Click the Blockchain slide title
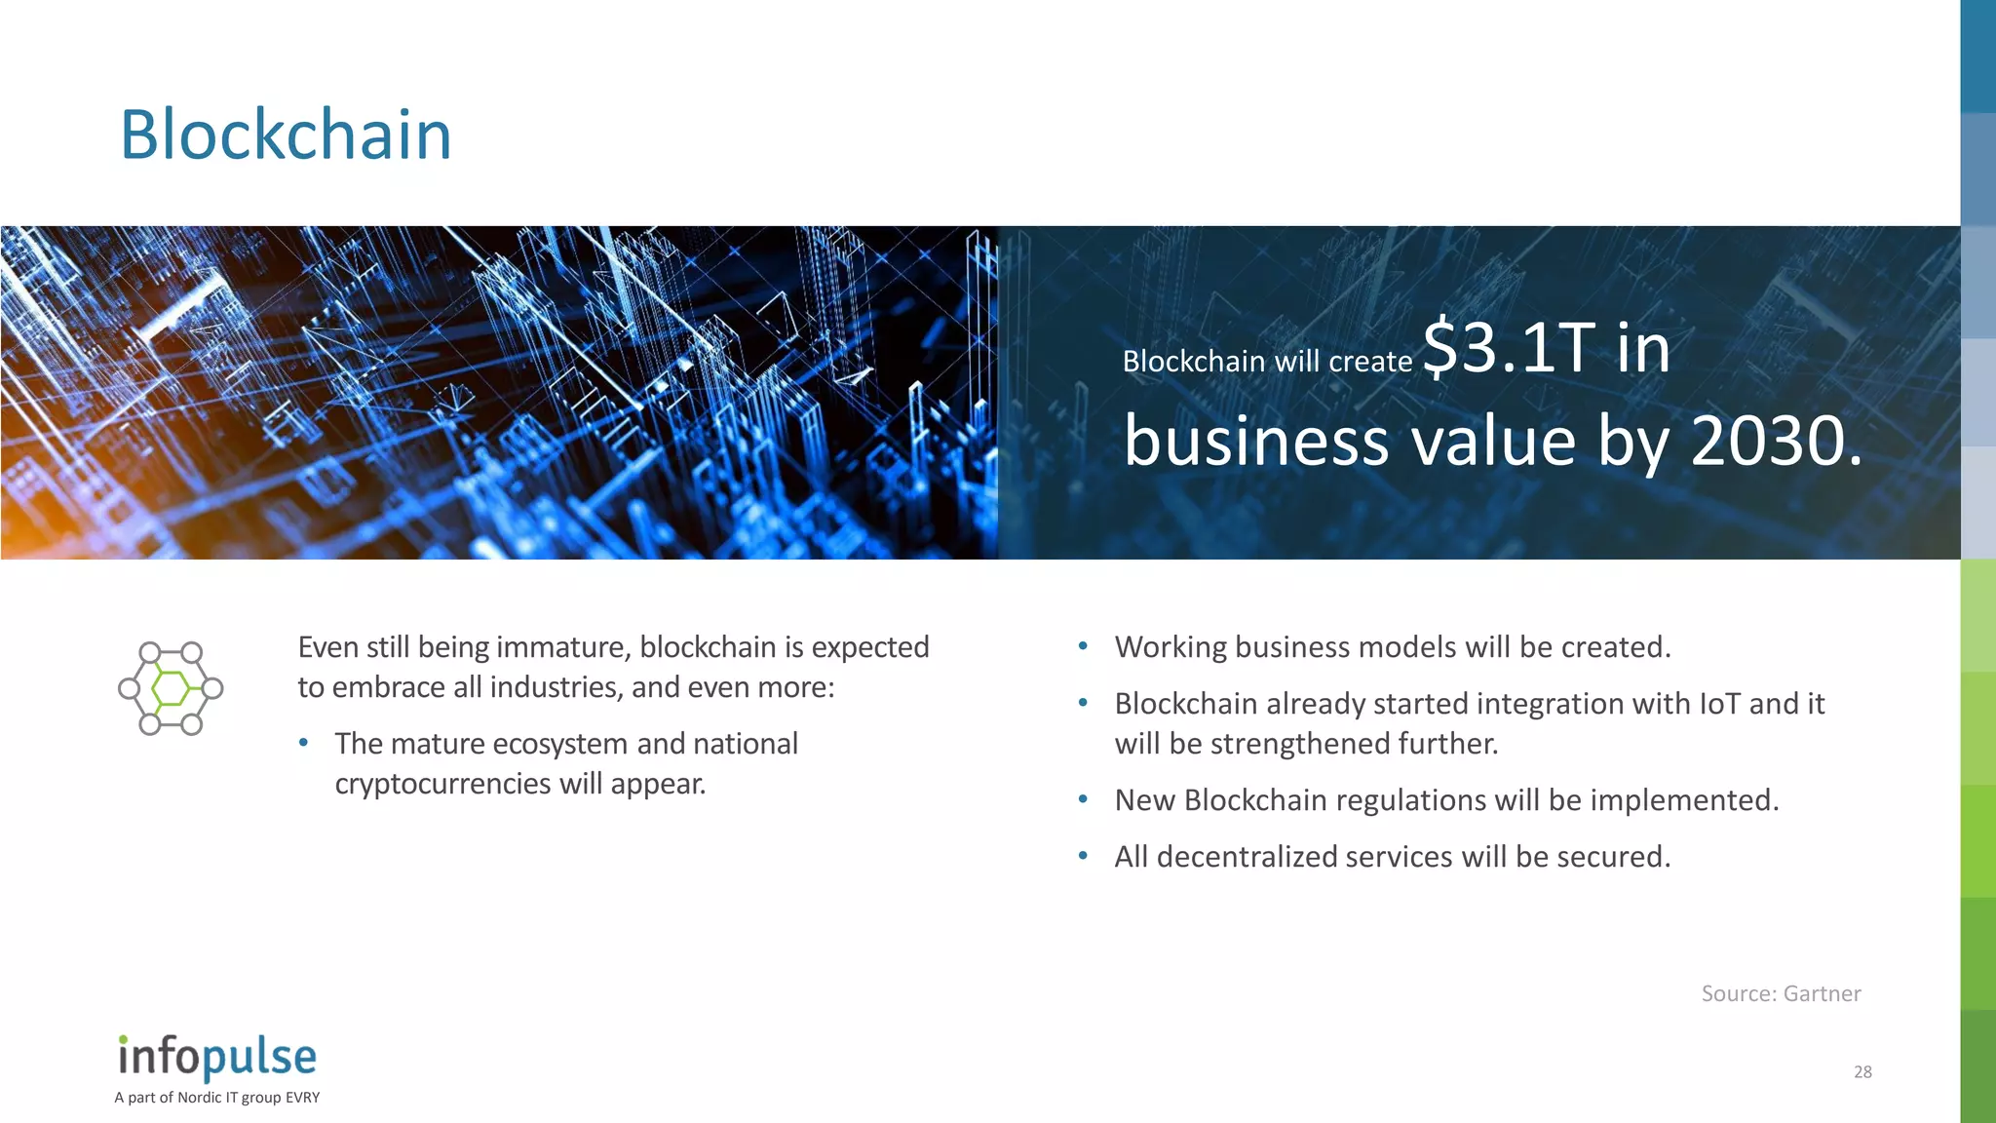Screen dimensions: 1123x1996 (286, 135)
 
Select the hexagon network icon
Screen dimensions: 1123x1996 (171, 688)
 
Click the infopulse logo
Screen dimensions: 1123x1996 (217, 1057)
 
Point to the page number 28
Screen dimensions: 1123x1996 (1862, 1072)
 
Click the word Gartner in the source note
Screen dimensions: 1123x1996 (1822, 993)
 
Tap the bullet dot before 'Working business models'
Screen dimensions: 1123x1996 (1083, 646)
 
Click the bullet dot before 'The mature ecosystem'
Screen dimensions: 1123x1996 (304, 743)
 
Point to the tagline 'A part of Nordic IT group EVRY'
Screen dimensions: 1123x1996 (216, 1098)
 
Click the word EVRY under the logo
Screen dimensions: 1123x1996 (303, 1098)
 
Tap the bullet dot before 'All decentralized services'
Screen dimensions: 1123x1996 (1083, 856)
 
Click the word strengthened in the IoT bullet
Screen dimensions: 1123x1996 (1300, 744)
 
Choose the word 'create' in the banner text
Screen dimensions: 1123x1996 (1370, 362)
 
